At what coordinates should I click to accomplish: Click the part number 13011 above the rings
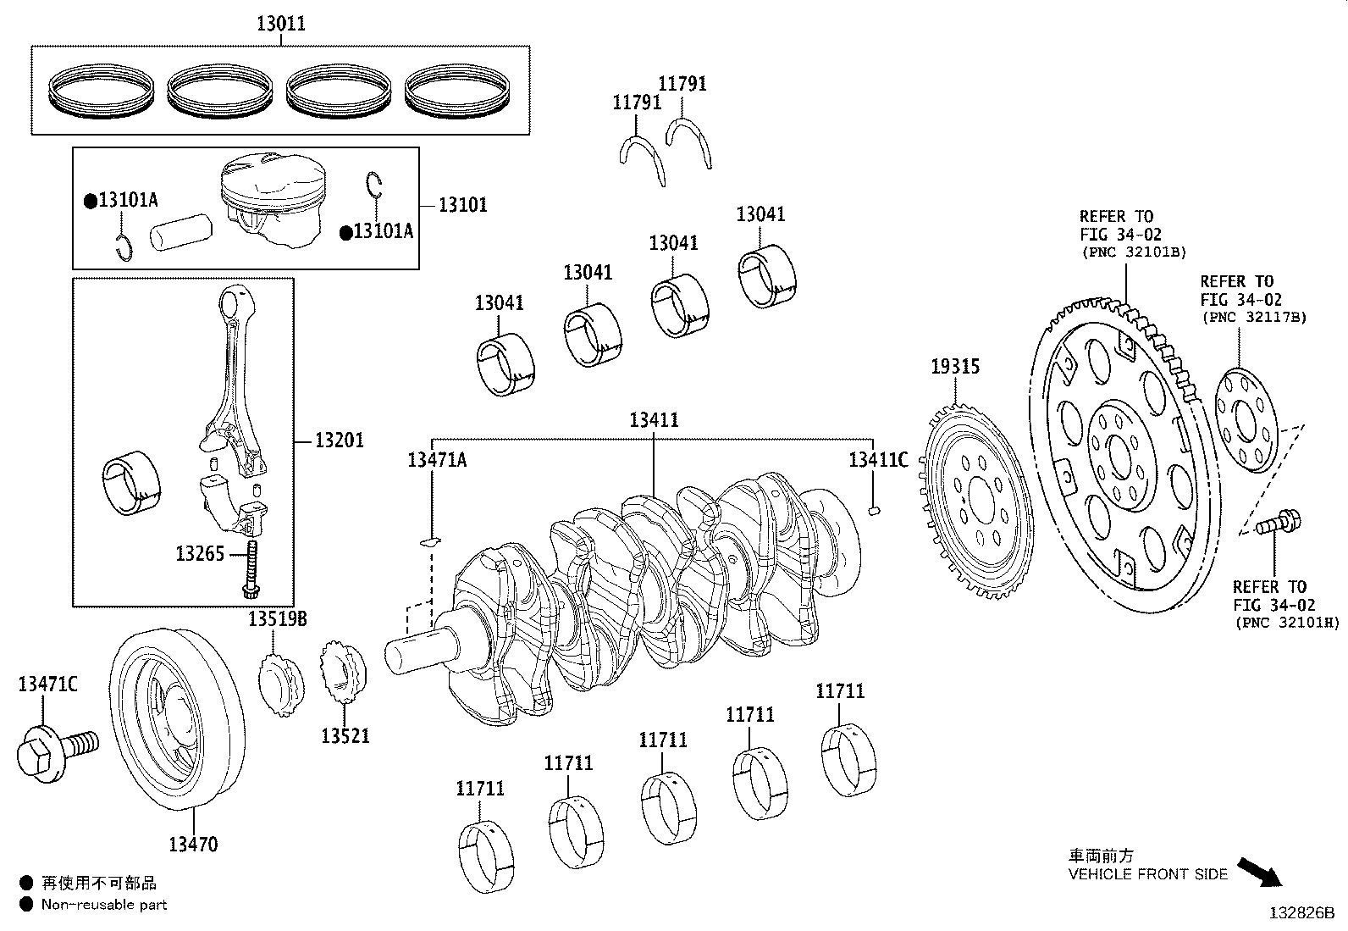281,24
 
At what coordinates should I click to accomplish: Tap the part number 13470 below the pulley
193,845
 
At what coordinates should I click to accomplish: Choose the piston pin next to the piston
180,232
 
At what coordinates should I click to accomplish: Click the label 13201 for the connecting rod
340,441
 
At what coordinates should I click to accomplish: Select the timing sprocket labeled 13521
344,672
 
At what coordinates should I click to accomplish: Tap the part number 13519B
278,618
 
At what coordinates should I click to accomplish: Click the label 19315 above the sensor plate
955,366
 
